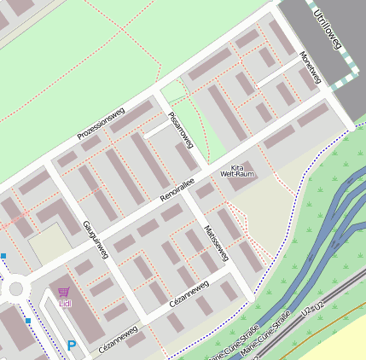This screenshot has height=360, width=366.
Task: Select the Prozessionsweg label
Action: coord(101,123)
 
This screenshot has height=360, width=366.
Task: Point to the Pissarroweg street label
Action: coord(182,130)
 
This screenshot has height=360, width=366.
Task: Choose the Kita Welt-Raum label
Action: coord(237,171)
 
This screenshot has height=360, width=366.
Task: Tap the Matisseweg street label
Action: coord(217,244)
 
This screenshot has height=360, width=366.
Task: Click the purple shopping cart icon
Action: coord(64,293)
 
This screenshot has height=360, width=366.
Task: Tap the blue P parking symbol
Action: coord(72,345)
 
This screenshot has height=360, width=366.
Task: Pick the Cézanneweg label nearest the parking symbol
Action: coord(118,339)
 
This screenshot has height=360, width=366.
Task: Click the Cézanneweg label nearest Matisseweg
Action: coord(189,292)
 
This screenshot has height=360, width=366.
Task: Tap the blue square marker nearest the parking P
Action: coord(28,321)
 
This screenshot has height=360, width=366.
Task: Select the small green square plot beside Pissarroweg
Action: coord(173,91)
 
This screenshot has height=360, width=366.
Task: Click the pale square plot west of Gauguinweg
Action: coord(48,245)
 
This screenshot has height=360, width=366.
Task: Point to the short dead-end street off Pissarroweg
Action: coord(157,129)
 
